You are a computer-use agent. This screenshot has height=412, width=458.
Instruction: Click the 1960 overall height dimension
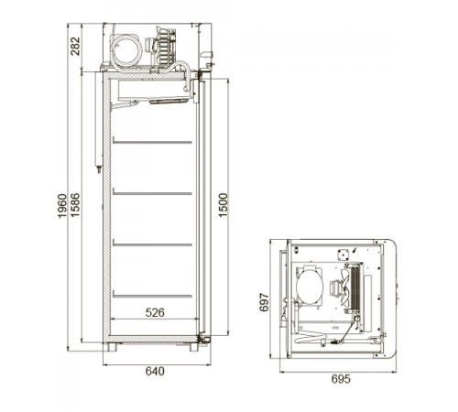62,206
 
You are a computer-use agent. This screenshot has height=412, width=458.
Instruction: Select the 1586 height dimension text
75,205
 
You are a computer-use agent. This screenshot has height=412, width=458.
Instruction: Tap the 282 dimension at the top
75,46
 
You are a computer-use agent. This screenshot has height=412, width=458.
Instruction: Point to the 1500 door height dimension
224,205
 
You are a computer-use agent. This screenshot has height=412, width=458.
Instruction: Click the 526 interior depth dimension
155,312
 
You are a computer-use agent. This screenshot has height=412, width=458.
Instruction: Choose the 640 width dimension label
155,371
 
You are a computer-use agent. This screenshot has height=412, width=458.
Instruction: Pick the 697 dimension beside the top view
264,302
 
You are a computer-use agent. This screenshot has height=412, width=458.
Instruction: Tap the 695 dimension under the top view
341,379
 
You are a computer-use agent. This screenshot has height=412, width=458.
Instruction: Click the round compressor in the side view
126,49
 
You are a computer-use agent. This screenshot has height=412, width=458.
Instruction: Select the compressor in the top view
310,285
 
